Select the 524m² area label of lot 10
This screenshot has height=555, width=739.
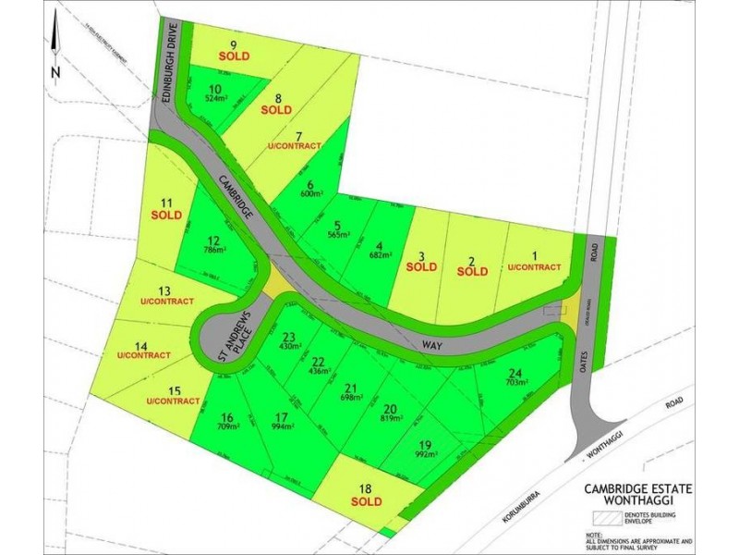click(217, 97)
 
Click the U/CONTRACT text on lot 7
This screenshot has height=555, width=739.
click(294, 146)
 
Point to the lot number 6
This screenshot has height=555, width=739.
click(309, 183)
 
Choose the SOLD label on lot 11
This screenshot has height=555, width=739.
click(167, 215)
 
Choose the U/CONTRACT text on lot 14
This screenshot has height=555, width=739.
click(144, 355)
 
